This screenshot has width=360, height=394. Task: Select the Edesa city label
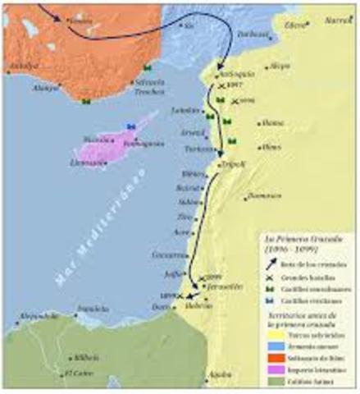click(291, 25)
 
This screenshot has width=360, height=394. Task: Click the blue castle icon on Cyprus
click(129, 125)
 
